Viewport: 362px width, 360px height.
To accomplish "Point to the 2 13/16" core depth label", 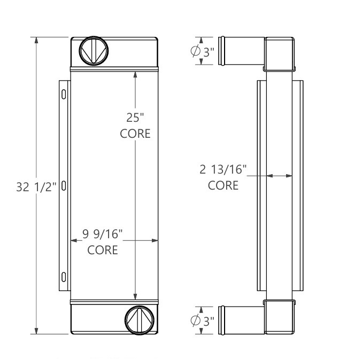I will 223,170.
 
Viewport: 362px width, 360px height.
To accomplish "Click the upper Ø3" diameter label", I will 203,51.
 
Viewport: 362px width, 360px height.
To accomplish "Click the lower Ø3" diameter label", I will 203,320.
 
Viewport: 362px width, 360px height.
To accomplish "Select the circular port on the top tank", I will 94,51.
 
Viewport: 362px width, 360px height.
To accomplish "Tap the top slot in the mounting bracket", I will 64,95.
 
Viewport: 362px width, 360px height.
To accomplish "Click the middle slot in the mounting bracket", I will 64,186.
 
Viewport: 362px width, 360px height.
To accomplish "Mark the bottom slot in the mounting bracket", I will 64,277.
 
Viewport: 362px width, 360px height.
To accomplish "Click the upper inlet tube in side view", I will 244,51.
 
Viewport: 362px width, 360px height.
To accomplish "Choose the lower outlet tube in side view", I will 244,320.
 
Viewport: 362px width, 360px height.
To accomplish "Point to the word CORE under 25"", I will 135,134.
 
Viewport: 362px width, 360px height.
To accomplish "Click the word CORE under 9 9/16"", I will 103,249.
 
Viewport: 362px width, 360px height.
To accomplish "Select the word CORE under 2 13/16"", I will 223,186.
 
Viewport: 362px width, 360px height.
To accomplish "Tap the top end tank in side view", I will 280,53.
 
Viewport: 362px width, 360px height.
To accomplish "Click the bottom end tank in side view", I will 280,318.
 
